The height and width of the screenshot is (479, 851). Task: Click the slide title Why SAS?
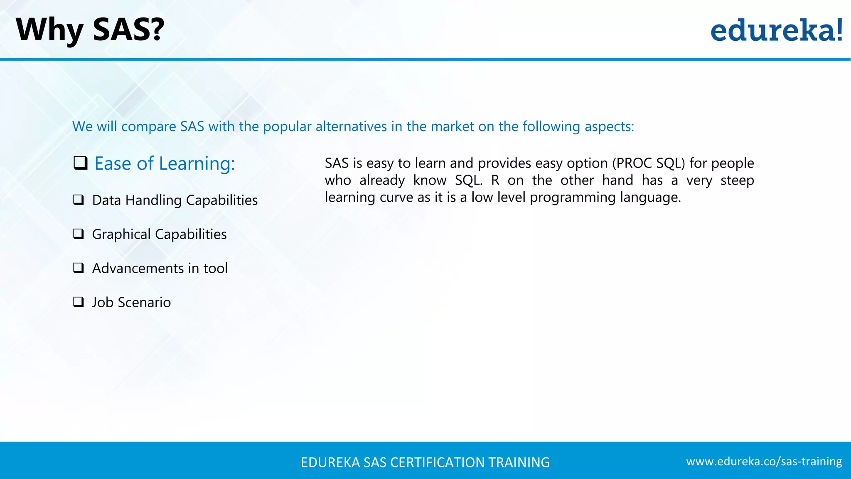pos(90,30)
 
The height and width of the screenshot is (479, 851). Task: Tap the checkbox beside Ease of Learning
pos(80,163)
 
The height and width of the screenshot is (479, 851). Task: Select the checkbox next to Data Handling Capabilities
pos(79,200)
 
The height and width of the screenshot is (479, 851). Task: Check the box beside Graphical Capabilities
pos(79,234)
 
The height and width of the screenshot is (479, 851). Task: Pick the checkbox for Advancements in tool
pos(79,268)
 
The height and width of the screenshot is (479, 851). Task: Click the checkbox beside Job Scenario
pos(79,302)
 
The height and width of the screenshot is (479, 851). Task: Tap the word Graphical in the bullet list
pos(121,235)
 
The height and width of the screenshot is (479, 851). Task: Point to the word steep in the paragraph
pos(737,180)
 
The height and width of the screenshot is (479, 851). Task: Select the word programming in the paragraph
pos(573,198)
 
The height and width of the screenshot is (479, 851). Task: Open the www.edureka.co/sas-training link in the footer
pos(764,462)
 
